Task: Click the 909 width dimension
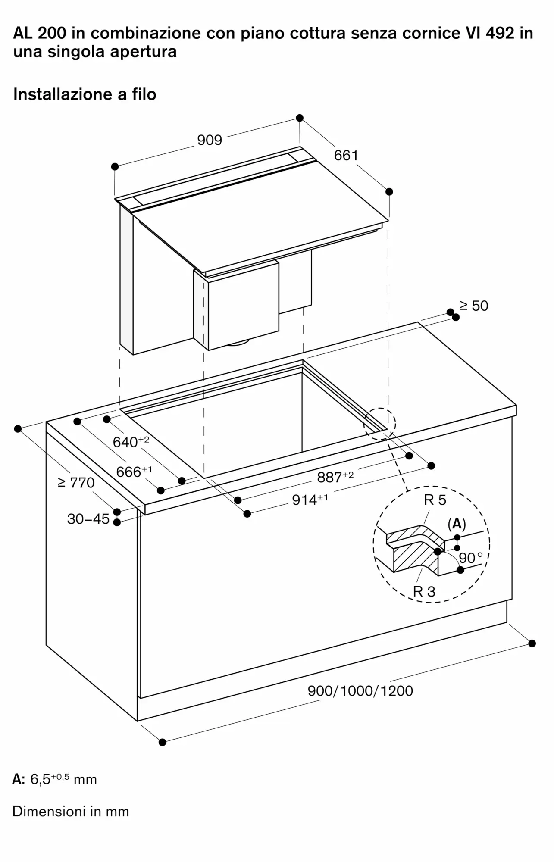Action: [x=210, y=140]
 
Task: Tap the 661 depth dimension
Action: [x=346, y=155]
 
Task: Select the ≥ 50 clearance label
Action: [x=474, y=306]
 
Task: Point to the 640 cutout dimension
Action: [x=131, y=441]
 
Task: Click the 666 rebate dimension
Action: [x=134, y=472]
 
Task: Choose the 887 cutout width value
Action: [x=335, y=477]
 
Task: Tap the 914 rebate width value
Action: [x=310, y=500]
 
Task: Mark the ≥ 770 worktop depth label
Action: [x=76, y=482]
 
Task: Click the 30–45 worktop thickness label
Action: [x=88, y=518]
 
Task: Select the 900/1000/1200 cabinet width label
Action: [x=360, y=691]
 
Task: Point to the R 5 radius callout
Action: [x=435, y=500]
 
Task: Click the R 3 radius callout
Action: [x=424, y=591]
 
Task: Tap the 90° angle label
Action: [x=470, y=558]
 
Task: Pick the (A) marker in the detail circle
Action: [x=457, y=524]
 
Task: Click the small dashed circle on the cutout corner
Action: [x=379, y=424]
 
